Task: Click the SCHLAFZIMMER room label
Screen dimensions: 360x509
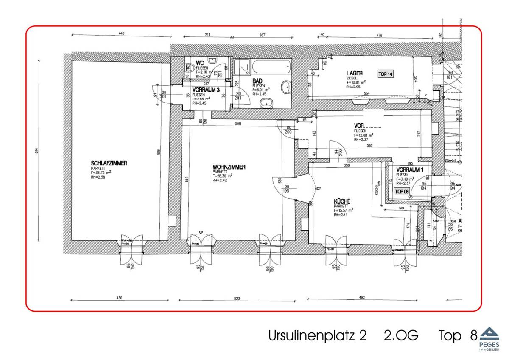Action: [x=109, y=163]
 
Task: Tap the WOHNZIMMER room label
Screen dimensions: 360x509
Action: [x=229, y=167]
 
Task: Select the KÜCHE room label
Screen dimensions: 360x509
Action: [x=342, y=201]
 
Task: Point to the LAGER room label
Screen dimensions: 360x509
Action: [x=355, y=73]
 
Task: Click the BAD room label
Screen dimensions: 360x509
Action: [x=257, y=81]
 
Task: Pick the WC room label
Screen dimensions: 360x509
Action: [x=200, y=63]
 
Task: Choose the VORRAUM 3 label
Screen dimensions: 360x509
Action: [x=206, y=90]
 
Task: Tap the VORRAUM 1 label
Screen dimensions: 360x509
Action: [x=410, y=170]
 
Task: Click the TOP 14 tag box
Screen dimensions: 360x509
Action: [x=386, y=74]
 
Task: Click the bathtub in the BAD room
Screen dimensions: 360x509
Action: [x=271, y=66]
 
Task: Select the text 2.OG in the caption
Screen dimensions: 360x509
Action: [x=401, y=335]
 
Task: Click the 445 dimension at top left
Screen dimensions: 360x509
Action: [x=121, y=34]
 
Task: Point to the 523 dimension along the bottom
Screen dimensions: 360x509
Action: [x=237, y=299]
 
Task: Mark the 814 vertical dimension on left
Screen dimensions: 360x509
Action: [x=37, y=151]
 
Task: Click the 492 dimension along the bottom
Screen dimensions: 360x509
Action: [x=361, y=297]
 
